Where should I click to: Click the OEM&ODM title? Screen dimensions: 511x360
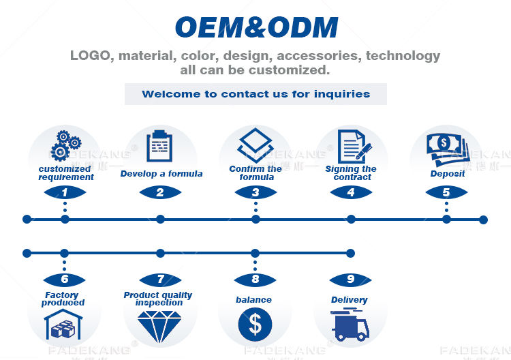pos(255,27)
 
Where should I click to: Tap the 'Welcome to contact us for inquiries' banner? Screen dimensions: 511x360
pos(255,94)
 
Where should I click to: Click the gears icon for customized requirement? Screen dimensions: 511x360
pos(65,145)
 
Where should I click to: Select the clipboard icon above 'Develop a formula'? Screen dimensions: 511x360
pos(160,145)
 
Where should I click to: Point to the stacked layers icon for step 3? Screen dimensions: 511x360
pos(255,145)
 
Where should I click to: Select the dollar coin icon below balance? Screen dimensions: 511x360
pos(255,325)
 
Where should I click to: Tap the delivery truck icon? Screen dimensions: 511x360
pos(350,325)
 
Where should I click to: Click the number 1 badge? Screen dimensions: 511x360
pos(65,193)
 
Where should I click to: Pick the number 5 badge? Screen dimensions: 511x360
pos(446,193)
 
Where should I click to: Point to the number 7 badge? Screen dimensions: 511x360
pos(160,280)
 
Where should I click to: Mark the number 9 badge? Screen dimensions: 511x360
pos(350,280)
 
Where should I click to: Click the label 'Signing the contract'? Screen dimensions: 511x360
pos(351,173)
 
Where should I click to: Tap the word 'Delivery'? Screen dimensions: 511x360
pos(350,300)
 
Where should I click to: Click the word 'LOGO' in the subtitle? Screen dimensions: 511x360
pos(90,56)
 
